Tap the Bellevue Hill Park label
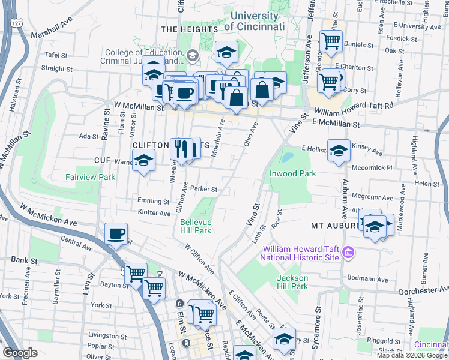196,226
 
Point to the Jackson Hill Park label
292,282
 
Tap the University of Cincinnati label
255,22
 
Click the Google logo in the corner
20,353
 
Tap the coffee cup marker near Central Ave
116,233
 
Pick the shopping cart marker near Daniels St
330,41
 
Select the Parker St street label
203,188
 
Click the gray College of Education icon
193,56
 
